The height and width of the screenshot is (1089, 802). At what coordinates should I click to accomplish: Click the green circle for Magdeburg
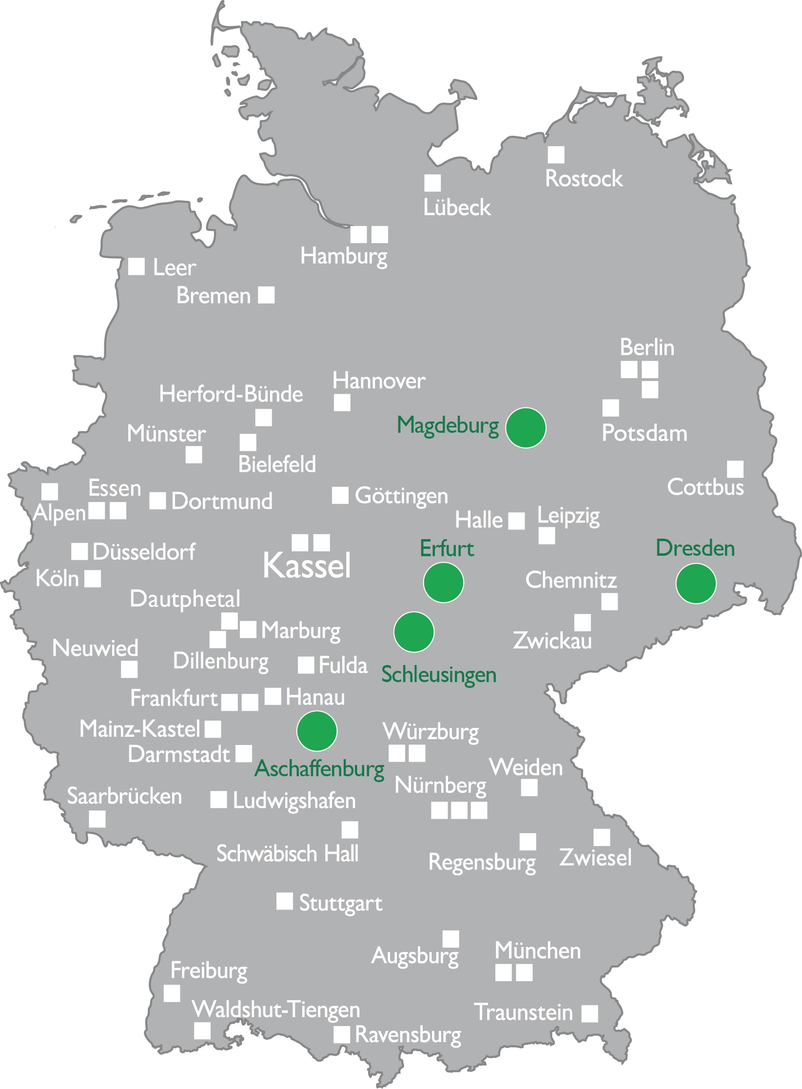(526, 428)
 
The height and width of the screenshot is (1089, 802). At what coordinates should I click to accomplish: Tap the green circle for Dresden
(696, 583)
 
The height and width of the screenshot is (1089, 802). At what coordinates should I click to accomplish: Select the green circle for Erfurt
(443, 582)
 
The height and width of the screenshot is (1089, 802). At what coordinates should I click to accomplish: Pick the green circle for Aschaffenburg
(317, 731)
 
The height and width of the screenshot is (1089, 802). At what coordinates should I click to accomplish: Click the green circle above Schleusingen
(413, 632)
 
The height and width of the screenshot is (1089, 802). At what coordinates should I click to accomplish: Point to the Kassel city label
(307, 566)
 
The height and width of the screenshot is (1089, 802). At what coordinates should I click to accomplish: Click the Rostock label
(584, 179)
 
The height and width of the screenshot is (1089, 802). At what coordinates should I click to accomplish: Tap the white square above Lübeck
(432, 183)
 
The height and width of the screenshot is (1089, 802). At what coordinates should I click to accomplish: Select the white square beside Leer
(137, 267)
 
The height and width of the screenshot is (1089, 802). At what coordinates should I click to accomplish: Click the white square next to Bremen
(266, 295)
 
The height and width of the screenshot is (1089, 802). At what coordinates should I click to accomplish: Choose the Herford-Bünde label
(231, 394)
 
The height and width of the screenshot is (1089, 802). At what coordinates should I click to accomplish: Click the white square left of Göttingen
(340, 495)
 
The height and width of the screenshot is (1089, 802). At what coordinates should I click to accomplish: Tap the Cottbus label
(705, 487)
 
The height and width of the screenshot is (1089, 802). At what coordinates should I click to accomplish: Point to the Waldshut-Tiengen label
(276, 1009)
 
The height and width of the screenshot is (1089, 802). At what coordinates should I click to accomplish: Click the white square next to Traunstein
(589, 1013)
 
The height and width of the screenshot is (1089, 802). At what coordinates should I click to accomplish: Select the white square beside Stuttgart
(285, 901)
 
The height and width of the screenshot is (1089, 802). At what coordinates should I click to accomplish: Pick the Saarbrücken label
(124, 796)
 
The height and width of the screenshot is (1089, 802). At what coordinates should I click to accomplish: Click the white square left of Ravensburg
(342, 1034)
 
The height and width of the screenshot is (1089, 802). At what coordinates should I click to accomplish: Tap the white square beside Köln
(93, 579)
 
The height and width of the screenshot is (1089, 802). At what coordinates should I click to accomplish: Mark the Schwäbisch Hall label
(287, 854)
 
